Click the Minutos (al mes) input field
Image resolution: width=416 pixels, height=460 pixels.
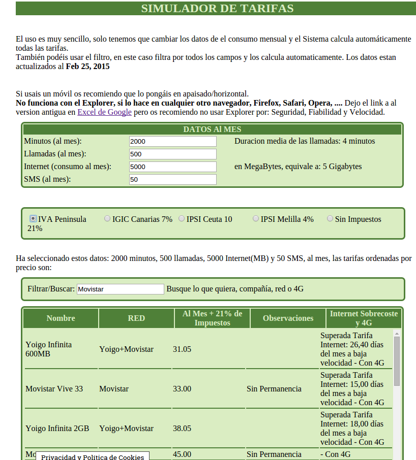(172, 141)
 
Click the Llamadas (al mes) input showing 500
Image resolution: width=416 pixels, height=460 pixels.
(172, 154)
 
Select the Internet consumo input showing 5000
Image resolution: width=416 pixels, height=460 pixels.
(172, 167)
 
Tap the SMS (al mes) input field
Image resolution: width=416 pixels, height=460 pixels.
(172, 179)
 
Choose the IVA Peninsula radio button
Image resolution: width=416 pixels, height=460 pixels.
(33, 219)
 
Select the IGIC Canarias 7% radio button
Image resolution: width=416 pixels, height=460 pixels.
(107, 219)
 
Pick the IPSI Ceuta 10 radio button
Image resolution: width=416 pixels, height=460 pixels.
(182, 219)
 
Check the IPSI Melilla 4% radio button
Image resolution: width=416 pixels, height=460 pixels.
(256, 219)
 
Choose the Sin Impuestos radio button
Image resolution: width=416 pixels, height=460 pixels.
(330, 219)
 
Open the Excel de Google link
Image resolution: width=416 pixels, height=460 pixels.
(104, 112)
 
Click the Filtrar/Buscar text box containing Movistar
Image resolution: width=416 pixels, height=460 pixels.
(120, 289)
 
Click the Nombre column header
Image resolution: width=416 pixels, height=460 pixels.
(61, 318)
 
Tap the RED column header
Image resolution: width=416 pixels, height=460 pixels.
(136, 318)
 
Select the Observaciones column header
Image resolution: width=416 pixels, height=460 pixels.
(288, 318)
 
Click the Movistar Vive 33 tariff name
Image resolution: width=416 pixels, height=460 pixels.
(54, 388)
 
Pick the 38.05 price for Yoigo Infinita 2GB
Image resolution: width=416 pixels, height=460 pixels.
(182, 428)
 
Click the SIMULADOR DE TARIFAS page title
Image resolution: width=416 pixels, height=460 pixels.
(217, 9)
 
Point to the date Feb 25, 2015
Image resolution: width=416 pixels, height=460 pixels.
(87, 67)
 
